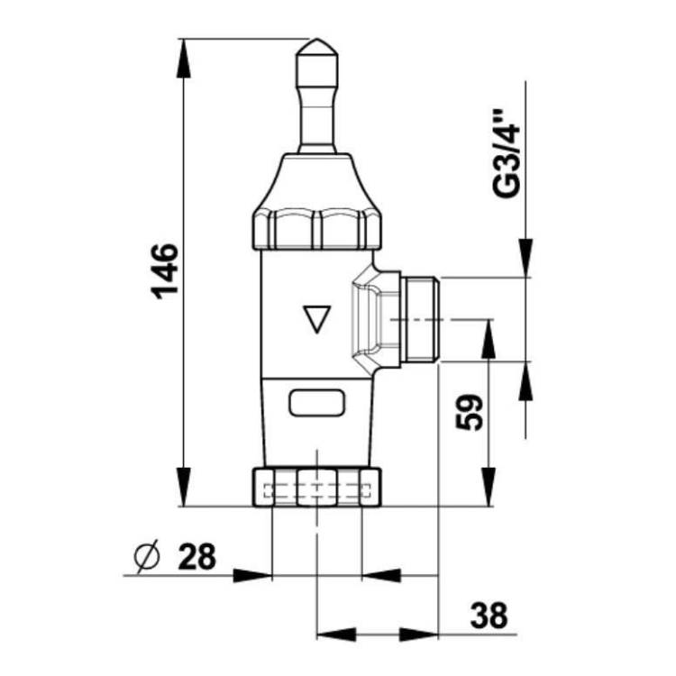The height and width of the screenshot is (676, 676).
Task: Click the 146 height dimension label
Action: [x=164, y=271]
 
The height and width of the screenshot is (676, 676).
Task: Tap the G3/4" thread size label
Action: [x=507, y=154]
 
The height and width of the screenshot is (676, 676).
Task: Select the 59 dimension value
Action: [x=469, y=412]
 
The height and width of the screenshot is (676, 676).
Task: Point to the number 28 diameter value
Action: [x=196, y=557]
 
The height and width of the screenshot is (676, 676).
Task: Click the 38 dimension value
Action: [x=489, y=616]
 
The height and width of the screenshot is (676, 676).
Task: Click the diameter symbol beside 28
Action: [x=147, y=557]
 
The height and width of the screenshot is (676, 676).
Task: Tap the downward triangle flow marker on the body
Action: [x=317, y=319]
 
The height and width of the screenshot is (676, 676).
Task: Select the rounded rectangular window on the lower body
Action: [x=317, y=403]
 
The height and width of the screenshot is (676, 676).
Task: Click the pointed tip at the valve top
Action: [x=317, y=40]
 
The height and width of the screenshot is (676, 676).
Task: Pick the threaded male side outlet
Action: [x=419, y=319]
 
